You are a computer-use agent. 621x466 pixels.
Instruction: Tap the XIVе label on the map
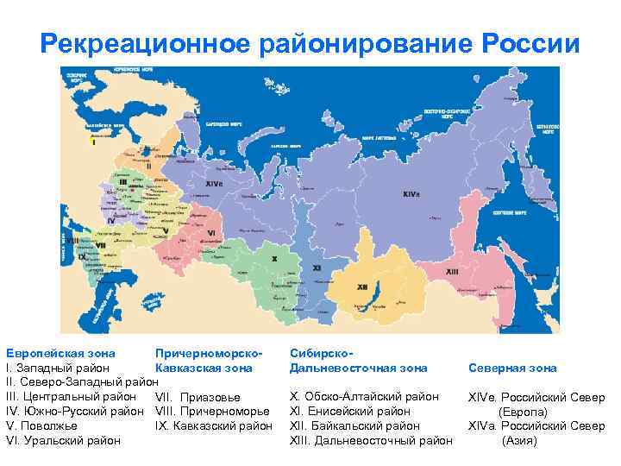[213, 184]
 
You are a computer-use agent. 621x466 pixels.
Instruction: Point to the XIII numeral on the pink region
[452, 271]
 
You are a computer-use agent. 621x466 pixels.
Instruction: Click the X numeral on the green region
[274, 258]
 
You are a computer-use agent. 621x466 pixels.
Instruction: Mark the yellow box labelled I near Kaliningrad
[94, 142]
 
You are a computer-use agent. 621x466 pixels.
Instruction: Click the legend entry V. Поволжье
[41, 425]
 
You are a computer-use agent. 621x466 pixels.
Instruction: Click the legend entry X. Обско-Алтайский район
[365, 396]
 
